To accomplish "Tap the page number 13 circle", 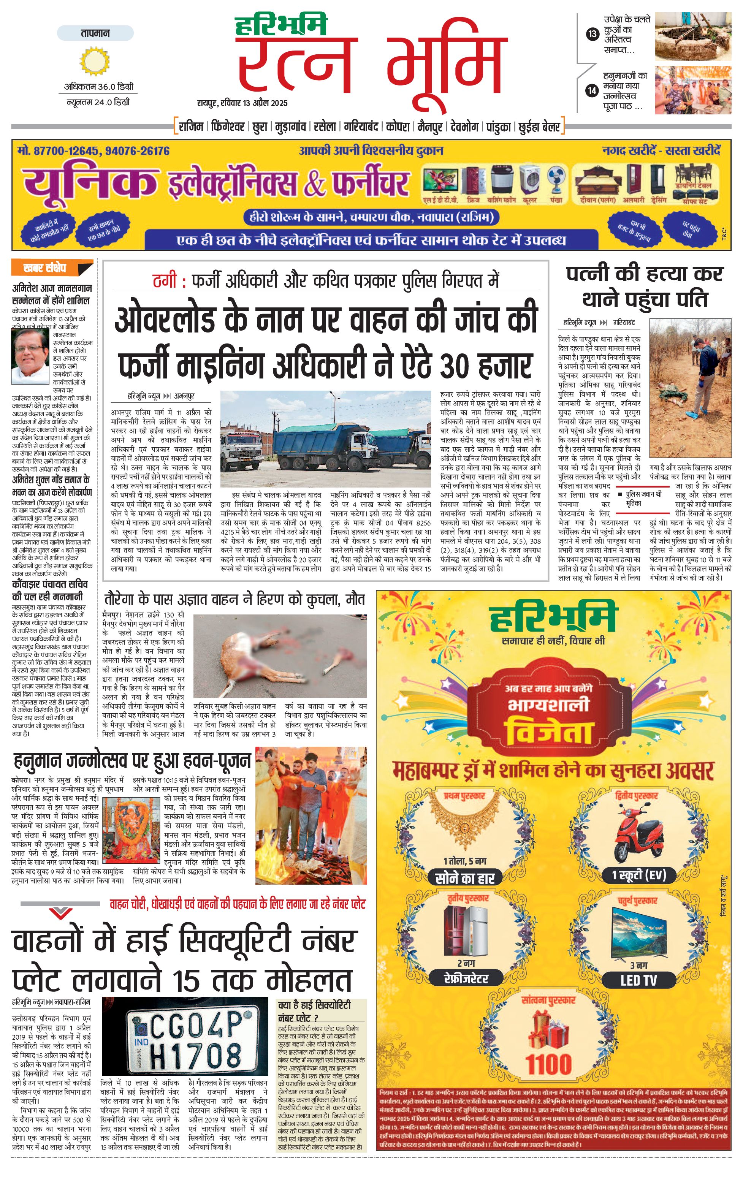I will tap(592, 34).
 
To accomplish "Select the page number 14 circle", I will tap(592, 90).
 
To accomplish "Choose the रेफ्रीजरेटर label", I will tap(466, 978).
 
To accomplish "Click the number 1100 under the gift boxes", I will tap(549, 1064).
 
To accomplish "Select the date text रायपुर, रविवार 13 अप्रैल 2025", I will tap(242, 103).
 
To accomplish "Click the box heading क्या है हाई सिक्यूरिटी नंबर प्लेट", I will tap(314, 1010).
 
